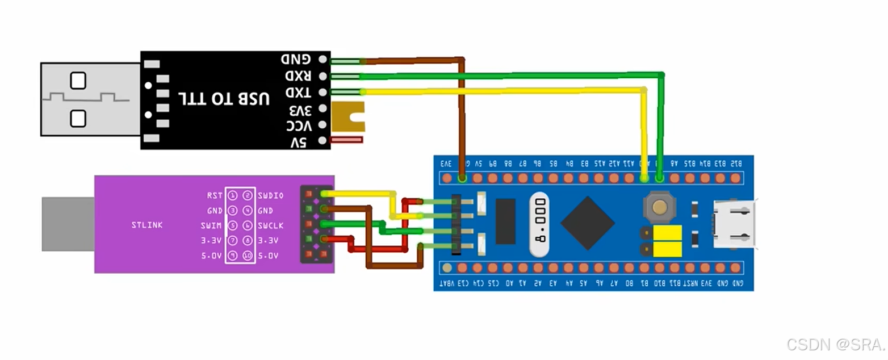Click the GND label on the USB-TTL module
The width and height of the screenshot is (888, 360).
coord(295,59)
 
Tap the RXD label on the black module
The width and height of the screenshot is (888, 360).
coord(297,76)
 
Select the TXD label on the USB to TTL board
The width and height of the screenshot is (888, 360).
coord(297,92)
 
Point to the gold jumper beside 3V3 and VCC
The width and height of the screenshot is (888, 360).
coord(347,117)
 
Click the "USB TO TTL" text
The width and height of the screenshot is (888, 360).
coord(224,98)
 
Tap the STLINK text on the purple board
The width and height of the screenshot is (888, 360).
coord(146,225)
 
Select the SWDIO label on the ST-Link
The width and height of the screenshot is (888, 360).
coord(270,195)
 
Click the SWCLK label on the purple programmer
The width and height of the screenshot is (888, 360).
coord(270,225)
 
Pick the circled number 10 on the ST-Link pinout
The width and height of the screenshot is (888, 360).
coord(248,256)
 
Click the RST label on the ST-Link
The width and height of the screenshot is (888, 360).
coord(215,195)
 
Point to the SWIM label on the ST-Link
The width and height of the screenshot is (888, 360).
coord(212,225)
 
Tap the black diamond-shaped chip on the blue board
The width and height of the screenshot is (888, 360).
coord(588,223)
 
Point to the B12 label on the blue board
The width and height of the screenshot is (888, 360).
coord(736,164)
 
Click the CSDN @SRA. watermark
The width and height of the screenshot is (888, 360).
coord(836,344)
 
